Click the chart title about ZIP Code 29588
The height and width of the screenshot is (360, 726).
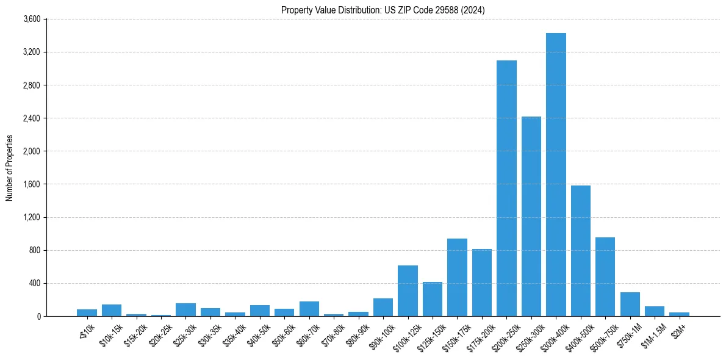click(383, 10)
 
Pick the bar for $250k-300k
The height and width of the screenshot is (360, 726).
click(531, 216)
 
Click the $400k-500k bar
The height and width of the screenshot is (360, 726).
click(580, 251)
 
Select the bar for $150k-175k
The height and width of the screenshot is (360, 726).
click(457, 277)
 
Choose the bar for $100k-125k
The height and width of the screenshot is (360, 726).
click(408, 290)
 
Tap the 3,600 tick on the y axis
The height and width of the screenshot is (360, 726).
click(31, 20)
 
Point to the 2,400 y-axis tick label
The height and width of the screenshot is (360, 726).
click(31, 118)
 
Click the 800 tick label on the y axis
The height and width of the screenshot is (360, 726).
click(34, 250)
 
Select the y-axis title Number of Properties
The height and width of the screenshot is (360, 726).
click(10, 168)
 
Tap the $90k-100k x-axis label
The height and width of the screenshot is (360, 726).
click(379, 333)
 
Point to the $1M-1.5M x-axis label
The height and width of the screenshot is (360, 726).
click(652, 333)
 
